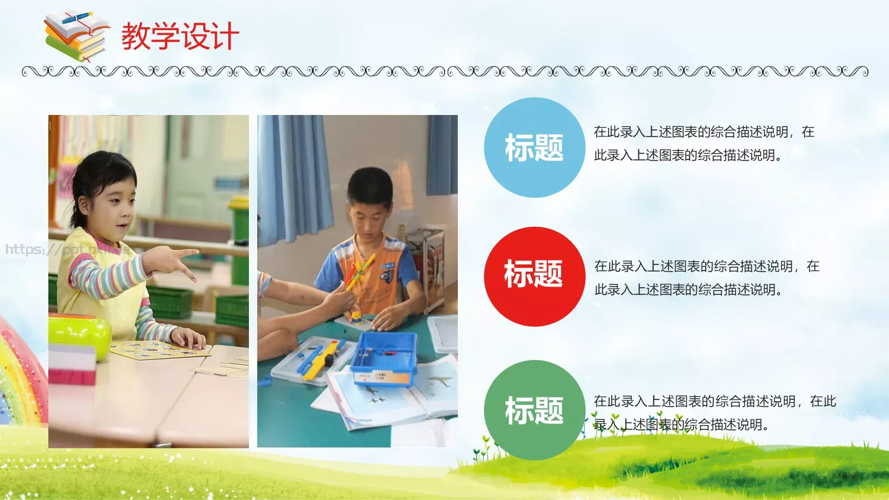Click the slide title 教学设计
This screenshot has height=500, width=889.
tap(180, 37)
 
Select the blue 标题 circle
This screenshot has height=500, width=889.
tap(534, 148)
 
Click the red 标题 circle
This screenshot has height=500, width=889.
tap(534, 276)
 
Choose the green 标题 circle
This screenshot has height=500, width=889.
tap(534, 410)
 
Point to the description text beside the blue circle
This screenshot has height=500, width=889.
tap(703, 143)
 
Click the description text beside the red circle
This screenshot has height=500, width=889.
tap(706, 278)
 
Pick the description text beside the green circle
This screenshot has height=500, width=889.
tap(714, 413)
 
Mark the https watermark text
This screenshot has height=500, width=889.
tap(67, 249)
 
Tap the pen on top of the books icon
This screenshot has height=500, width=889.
tap(78, 17)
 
